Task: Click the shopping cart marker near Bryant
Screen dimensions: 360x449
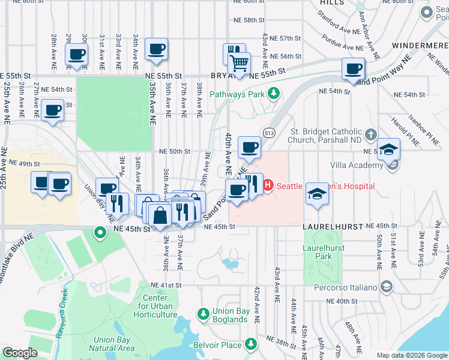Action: pos(240,62)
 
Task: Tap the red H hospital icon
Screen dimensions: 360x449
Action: pos(268,186)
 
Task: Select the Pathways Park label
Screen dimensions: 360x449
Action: pos(237,94)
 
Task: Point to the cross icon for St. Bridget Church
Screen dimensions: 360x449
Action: pos(372,133)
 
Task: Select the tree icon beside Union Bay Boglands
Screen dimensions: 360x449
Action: pos(203,314)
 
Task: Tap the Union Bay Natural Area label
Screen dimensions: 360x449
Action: pos(113,344)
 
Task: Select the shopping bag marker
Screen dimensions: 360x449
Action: pos(160,215)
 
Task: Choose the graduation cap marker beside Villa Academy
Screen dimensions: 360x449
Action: pos(388,149)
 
